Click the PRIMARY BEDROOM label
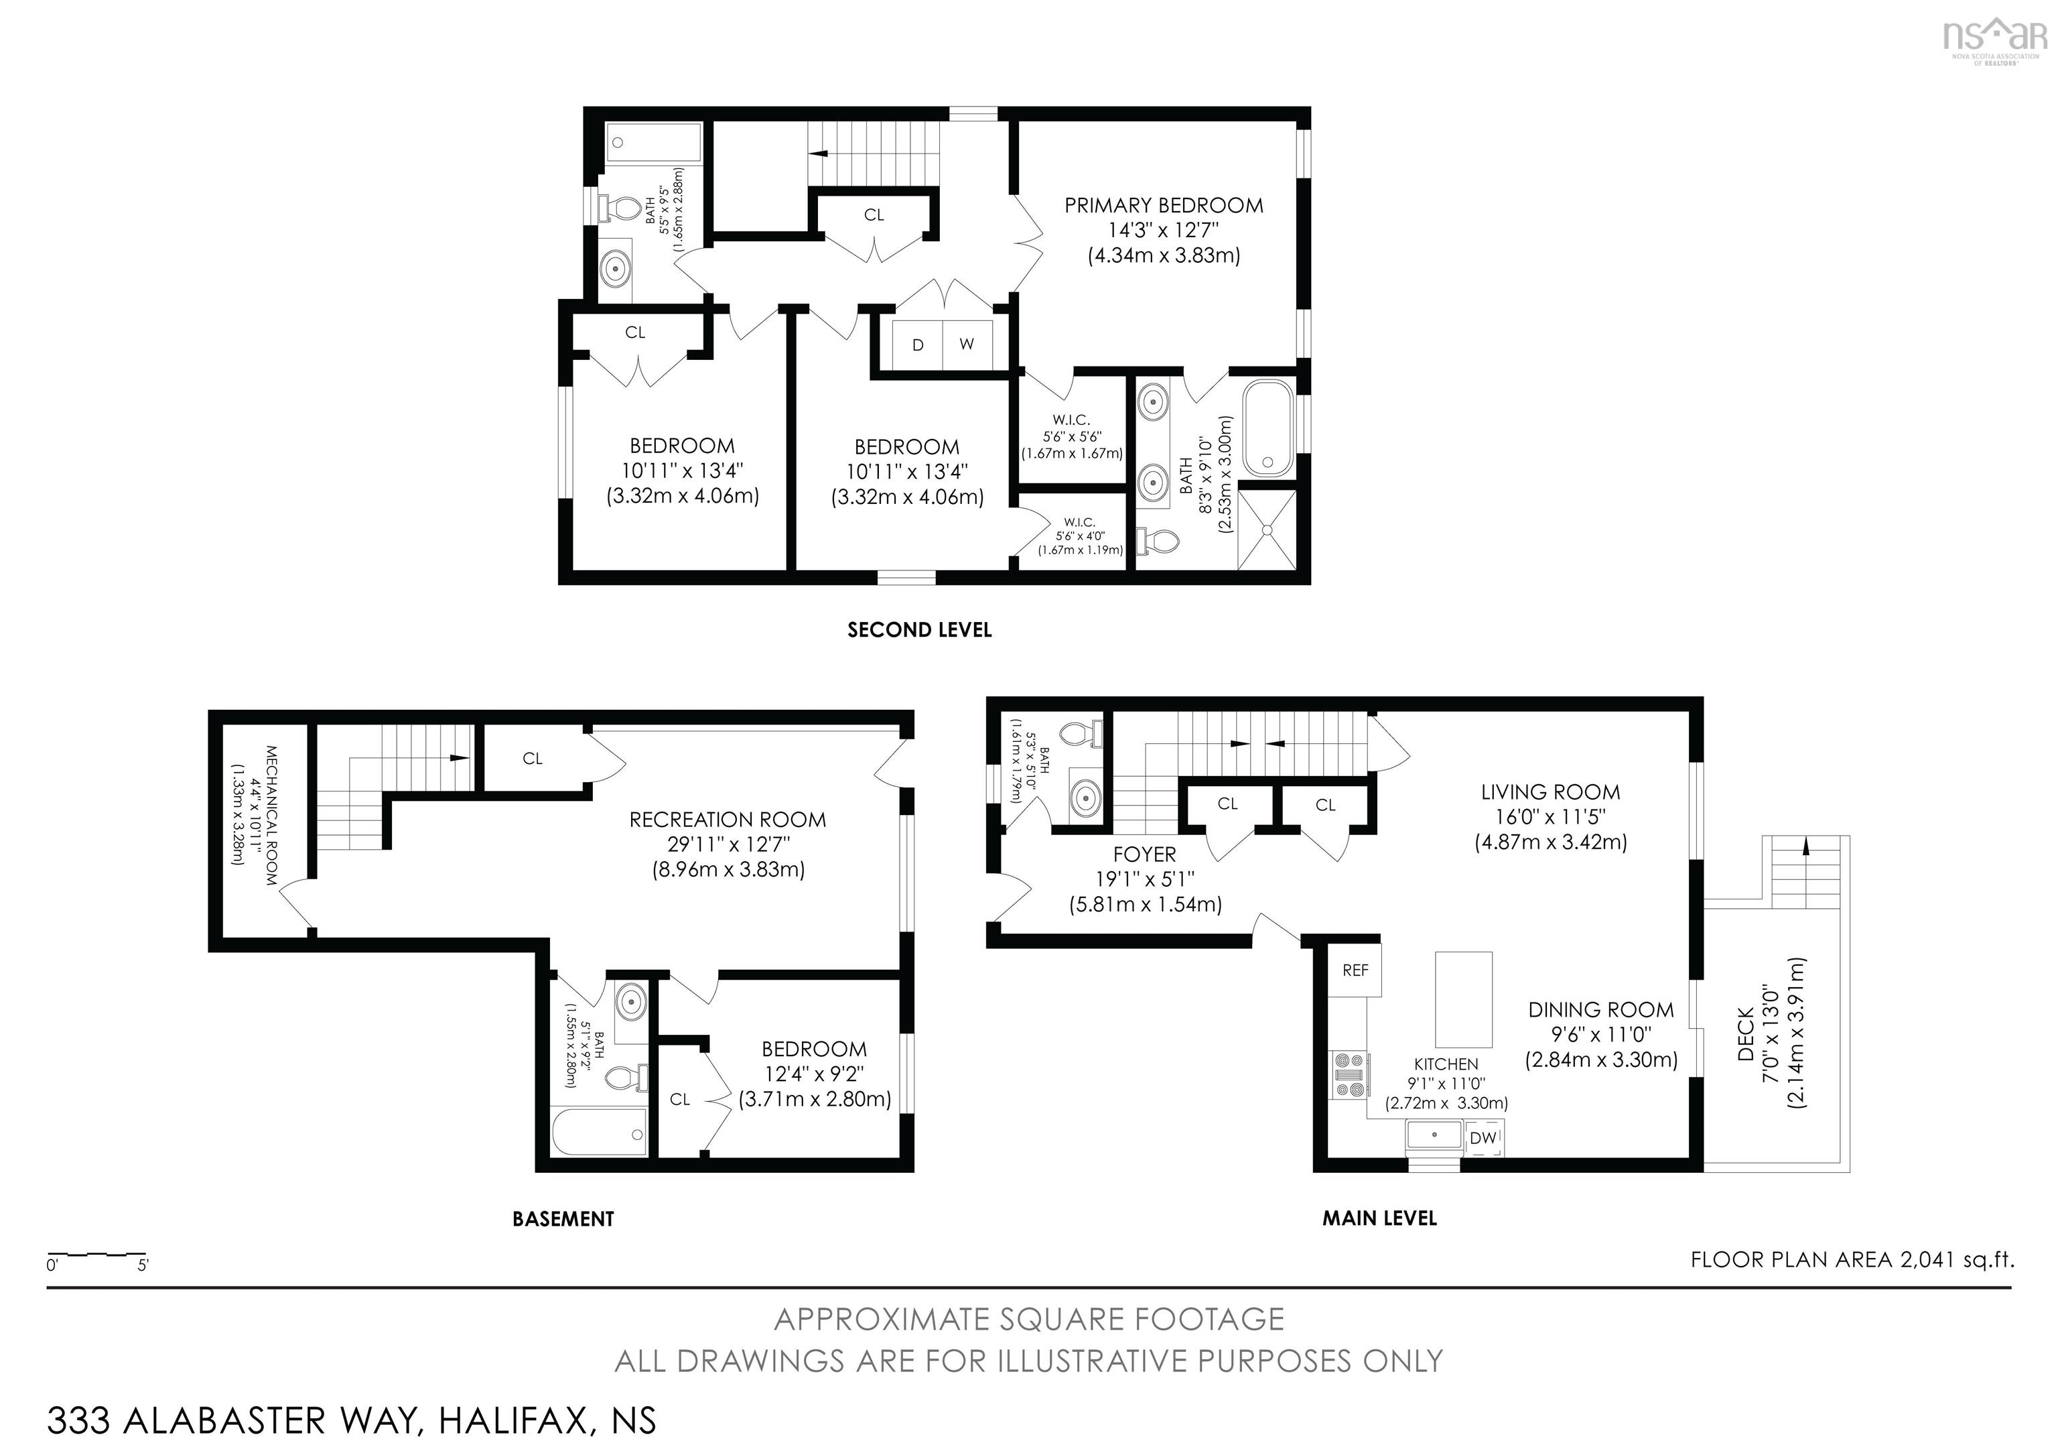(x=1164, y=205)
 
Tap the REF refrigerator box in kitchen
(x=1355, y=970)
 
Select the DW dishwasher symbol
(x=1483, y=1137)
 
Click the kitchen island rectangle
(x=1464, y=999)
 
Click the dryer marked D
(x=918, y=344)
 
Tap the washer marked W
(x=966, y=344)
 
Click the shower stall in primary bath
(x=1267, y=529)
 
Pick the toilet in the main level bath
(x=1081, y=735)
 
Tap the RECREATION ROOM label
(x=727, y=820)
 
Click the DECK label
(x=1744, y=1033)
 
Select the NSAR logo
(x=1994, y=38)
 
